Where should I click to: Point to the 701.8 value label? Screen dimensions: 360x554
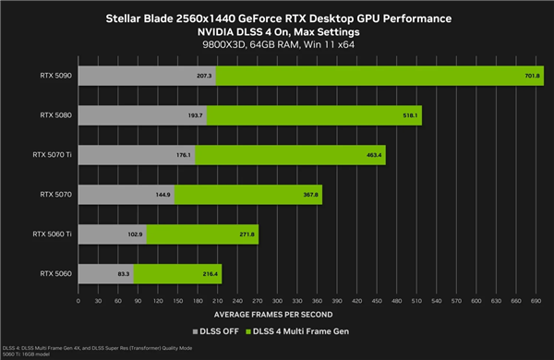pyautogui.click(x=533, y=76)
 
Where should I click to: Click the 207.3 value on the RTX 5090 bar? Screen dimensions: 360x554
pyautogui.click(x=204, y=76)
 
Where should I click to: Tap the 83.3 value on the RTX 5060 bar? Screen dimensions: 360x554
pyautogui.click(x=123, y=274)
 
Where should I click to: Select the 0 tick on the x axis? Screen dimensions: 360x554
pyautogui.click(x=78, y=301)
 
